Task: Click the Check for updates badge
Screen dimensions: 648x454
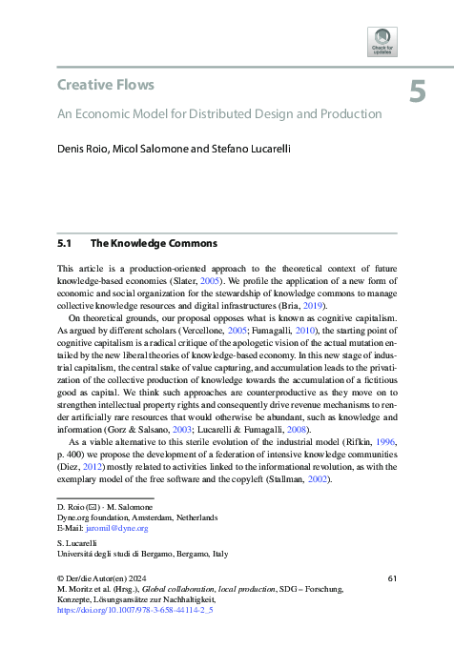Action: pyautogui.click(x=382, y=43)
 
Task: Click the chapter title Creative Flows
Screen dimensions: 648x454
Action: pyautogui.click(x=106, y=85)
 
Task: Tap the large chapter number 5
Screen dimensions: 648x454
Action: pyautogui.click(x=418, y=91)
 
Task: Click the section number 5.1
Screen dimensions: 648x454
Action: pyautogui.click(x=66, y=243)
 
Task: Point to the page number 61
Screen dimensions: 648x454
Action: pyautogui.click(x=392, y=578)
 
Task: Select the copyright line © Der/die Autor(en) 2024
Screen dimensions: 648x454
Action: pyautogui.click(x=107, y=578)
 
